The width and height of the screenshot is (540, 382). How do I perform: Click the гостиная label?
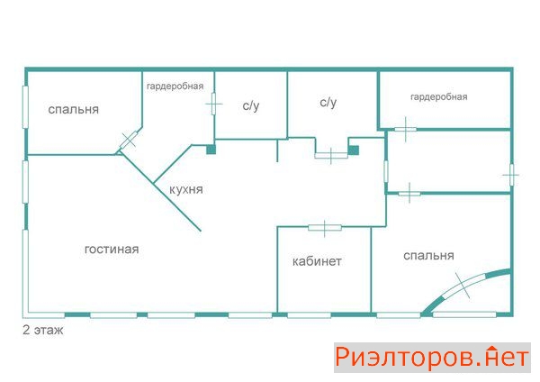pos(112,250)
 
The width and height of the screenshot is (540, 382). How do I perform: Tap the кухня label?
pos(186,189)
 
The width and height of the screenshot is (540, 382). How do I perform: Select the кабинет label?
pos(317,261)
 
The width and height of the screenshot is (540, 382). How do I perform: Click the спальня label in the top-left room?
pos(74,110)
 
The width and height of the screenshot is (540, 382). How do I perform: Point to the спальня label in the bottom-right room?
pos(428,256)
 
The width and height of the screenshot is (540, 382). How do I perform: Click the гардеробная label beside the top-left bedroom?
pos(175,86)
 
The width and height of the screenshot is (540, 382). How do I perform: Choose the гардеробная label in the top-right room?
pos(439,97)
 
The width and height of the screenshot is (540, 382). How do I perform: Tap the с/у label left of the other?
pos(251,105)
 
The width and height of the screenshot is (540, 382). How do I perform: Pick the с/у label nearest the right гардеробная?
pos(328,102)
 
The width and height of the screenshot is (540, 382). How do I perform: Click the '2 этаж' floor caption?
pos(43,330)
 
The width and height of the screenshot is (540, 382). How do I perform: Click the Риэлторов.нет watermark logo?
pos(432,358)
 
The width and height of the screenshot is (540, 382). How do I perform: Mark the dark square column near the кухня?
pos(211,150)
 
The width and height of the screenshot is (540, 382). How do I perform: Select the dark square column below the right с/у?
pos(354,150)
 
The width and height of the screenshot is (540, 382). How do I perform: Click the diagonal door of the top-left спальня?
pos(129,140)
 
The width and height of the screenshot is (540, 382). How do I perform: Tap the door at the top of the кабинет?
pos(325,228)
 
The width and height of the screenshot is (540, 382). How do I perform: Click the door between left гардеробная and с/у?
pos(213,104)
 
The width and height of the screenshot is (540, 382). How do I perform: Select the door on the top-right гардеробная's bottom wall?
pos(405,130)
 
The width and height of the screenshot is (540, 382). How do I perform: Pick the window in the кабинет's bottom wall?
pos(310,315)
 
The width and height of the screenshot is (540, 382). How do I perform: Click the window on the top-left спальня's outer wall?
pos(25,107)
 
